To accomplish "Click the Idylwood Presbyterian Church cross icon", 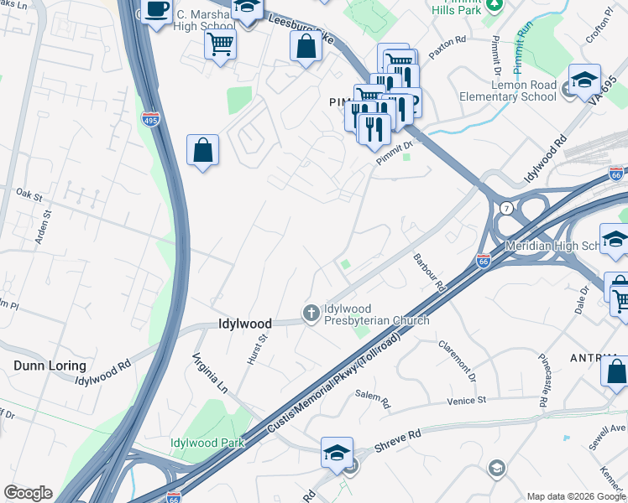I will point(311,314).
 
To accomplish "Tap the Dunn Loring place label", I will point(50,366).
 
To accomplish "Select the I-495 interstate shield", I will point(150,120).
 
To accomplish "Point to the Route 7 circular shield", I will point(506,207).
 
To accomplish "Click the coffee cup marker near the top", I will point(156,10).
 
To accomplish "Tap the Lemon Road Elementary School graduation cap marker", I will point(584,80).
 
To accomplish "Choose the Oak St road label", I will point(29,194).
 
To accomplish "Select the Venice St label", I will point(470,400).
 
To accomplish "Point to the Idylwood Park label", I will point(207,443).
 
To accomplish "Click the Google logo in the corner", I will point(28,493).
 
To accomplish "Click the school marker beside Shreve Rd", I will point(336,453).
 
